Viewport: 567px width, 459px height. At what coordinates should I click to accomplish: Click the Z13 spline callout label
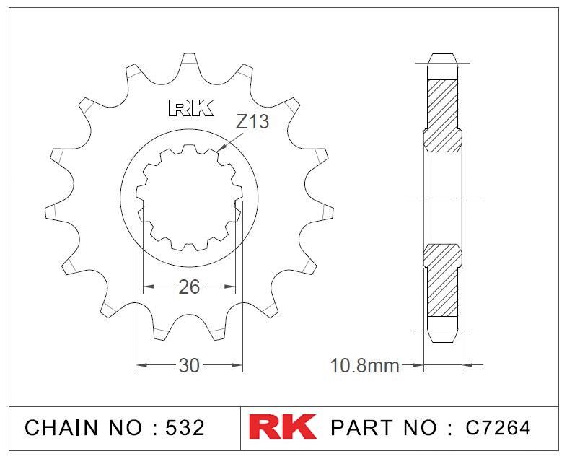[252, 121]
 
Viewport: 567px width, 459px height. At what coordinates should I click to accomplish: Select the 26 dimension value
[189, 287]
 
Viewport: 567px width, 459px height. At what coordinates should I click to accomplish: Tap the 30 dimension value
[189, 366]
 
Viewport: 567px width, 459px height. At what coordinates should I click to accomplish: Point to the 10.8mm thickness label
[364, 366]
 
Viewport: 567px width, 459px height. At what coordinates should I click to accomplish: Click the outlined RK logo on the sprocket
[191, 108]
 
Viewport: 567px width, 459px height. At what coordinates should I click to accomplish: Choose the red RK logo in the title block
[282, 427]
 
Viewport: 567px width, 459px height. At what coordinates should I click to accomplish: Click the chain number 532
[185, 427]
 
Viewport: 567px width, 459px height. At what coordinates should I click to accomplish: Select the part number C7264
[498, 427]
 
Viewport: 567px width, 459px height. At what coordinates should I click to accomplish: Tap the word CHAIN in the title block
[61, 427]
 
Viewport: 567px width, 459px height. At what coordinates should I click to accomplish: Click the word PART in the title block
[361, 427]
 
